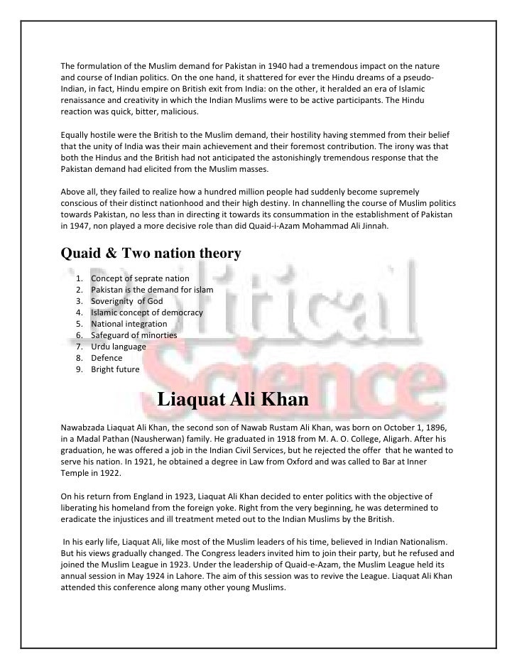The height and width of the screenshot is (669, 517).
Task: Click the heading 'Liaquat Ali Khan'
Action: [x=232, y=400]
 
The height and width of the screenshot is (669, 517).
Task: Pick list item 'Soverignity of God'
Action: [x=127, y=301]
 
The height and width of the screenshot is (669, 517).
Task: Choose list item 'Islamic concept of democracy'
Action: [x=147, y=312]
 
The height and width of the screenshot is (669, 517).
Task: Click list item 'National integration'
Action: [x=129, y=324]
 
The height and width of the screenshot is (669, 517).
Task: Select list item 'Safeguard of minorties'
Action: [x=134, y=335]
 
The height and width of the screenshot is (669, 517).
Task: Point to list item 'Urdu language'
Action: [x=119, y=347]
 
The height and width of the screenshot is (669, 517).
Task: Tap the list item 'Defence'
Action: [x=107, y=358]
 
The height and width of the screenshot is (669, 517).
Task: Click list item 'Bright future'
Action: [x=116, y=369]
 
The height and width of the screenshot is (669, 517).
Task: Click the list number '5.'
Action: [x=78, y=324]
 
